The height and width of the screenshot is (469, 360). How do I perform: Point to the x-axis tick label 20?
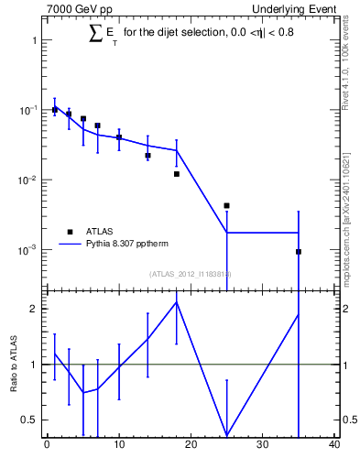[x=191, y=445]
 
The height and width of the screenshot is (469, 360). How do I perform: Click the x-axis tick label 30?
[x=263, y=445]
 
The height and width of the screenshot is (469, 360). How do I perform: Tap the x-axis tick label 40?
[x=334, y=445]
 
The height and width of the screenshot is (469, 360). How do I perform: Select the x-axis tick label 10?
[x=118, y=445]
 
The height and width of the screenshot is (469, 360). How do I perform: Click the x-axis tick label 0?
[x=47, y=445]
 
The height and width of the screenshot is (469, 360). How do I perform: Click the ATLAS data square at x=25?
[x=226, y=205]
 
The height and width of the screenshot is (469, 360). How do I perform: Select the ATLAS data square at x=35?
[x=299, y=251]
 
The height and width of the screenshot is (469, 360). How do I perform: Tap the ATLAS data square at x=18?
[x=176, y=173]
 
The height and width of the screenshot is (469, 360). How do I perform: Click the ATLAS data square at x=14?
[x=147, y=156]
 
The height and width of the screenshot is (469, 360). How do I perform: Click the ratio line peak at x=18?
[x=176, y=302]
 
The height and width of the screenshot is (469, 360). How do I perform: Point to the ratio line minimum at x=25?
[x=226, y=435]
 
